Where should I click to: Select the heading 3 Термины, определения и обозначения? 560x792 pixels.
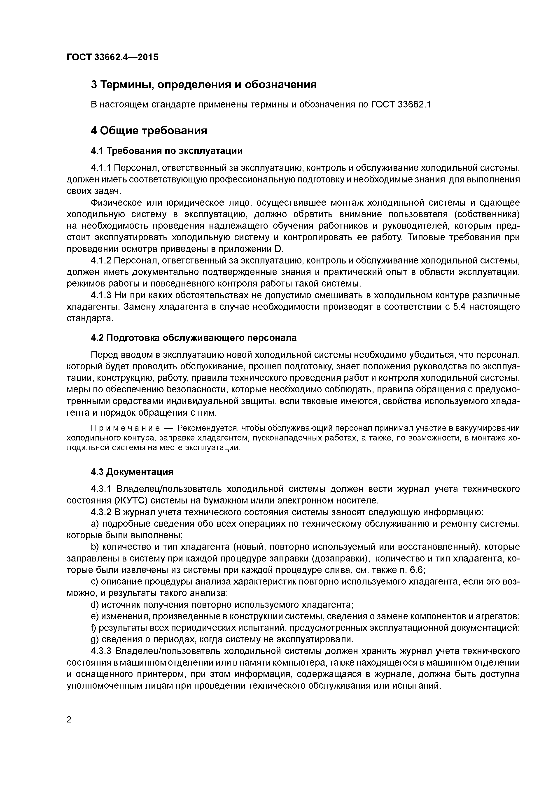point(204,84)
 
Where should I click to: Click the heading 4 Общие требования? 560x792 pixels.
point(149,131)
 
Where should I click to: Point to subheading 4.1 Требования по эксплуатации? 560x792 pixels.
point(167,151)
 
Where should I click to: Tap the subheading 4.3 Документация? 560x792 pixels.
point(132,472)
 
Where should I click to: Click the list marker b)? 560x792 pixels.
point(95,547)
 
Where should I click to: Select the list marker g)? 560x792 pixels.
point(95,639)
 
